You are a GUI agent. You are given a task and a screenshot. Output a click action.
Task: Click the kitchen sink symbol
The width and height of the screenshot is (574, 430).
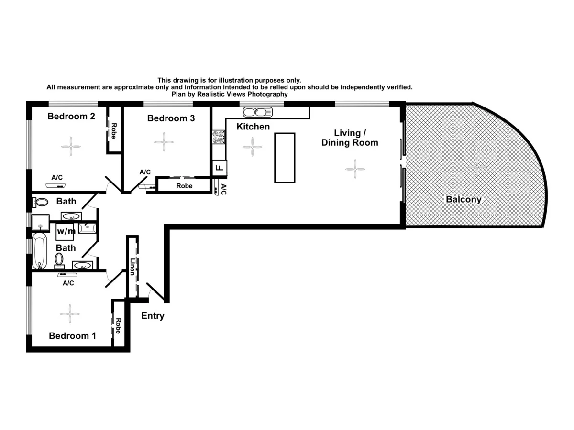pyautogui.click(x=257, y=113)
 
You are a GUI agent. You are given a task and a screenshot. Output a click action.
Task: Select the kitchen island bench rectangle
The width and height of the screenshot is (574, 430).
pyautogui.click(x=285, y=158)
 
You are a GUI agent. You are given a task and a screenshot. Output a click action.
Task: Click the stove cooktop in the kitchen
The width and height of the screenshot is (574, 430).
pyautogui.click(x=219, y=137)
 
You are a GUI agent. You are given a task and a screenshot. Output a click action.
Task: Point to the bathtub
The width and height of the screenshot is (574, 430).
pyautogui.click(x=40, y=251)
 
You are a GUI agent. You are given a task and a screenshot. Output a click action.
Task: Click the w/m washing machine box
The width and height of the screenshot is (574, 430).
pyautogui.click(x=66, y=231)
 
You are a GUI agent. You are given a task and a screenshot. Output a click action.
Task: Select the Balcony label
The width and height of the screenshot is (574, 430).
pyautogui.click(x=463, y=200)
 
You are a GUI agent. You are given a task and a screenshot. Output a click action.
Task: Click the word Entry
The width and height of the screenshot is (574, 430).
pyautogui.click(x=153, y=316)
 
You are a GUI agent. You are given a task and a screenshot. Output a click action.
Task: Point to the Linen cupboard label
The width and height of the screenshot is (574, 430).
pyautogui.click(x=132, y=267)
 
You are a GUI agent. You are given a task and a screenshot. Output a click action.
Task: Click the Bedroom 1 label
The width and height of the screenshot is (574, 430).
pyautogui.click(x=72, y=336)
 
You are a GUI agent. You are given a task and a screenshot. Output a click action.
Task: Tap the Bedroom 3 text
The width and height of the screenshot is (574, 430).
pyautogui.click(x=171, y=118)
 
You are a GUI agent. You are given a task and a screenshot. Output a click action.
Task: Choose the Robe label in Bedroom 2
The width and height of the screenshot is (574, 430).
pyautogui.click(x=114, y=130)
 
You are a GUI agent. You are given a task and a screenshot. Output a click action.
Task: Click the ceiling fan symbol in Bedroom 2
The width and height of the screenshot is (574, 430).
pyautogui.click(x=71, y=146)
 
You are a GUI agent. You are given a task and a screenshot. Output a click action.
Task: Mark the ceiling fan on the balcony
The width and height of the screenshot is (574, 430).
pyautogui.click(x=477, y=166)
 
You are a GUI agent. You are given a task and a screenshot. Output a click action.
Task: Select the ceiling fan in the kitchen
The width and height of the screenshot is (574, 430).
pyautogui.click(x=252, y=147)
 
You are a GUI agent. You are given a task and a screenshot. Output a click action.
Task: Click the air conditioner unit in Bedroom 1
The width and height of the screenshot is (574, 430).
pyautogui.click(x=68, y=275)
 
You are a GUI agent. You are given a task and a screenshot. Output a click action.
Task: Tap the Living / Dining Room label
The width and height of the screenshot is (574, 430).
pyautogui.click(x=350, y=138)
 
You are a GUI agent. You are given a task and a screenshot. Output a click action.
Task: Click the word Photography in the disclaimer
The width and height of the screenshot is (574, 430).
pyautogui.click(x=265, y=94)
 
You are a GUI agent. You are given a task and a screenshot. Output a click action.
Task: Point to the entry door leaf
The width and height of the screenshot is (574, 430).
pyautogui.click(x=156, y=292)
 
